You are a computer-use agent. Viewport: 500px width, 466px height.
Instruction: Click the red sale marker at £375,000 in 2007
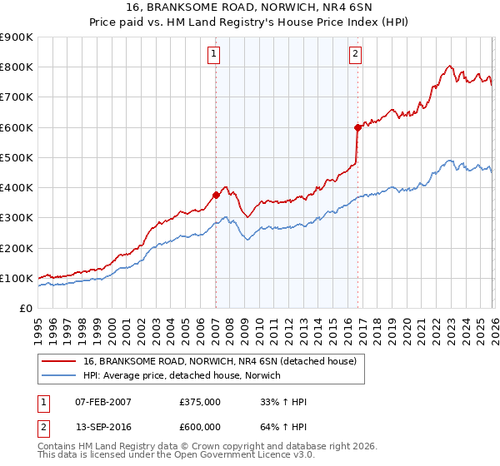click(x=216, y=196)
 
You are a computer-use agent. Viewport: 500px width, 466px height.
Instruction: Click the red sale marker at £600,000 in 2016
click(x=357, y=127)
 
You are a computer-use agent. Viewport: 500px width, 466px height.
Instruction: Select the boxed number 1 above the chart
click(x=214, y=55)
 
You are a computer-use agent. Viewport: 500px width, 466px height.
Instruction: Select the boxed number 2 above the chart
click(x=356, y=55)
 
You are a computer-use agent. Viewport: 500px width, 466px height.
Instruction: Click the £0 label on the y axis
click(x=26, y=309)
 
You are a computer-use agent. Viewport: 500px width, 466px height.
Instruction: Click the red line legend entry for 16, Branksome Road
click(x=220, y=361)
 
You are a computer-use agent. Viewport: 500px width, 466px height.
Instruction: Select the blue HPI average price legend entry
click(x=182, y=376)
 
